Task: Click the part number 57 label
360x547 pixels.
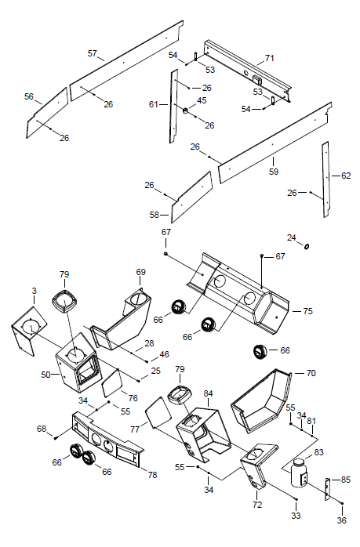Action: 92,53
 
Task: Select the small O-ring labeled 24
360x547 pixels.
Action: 307,247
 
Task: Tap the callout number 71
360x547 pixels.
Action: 269,58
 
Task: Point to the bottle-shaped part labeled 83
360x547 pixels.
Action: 299,473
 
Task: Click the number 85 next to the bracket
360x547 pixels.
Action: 345,480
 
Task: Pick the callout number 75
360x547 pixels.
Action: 307,311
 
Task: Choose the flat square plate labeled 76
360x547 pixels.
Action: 111,382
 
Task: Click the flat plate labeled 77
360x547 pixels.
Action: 158,412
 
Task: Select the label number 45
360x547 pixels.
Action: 202,100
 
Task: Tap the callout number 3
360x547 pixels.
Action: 34,291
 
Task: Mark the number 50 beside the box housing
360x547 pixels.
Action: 45,375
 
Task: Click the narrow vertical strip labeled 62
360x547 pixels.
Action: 325,179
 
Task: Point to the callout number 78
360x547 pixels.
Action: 152,475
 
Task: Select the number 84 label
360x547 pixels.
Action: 208,393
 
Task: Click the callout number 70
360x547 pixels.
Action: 311,373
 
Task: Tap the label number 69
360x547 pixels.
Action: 140,272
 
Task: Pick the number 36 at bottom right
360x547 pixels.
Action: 341,520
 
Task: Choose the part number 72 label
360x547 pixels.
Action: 257,505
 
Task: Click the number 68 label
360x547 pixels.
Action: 42,429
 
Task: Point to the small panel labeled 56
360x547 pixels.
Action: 47,113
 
